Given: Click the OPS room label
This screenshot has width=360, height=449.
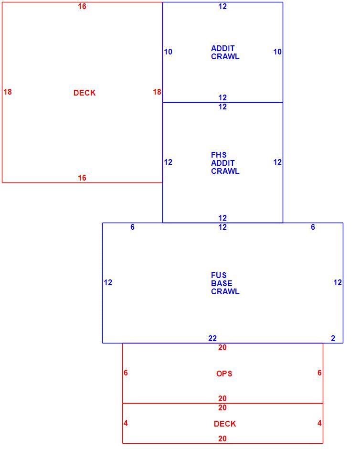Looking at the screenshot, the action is point(224,374).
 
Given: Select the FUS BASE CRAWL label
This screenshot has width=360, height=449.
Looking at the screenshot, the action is point(225,283).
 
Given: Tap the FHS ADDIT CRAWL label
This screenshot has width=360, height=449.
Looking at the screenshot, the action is point(225,163).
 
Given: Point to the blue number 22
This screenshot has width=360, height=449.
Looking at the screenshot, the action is point(212,339).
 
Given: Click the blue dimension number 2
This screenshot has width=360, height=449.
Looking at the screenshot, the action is point(333,339).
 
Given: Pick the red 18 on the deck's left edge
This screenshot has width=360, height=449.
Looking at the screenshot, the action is point(8,92).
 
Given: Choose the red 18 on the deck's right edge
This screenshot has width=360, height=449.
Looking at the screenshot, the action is point(157,92).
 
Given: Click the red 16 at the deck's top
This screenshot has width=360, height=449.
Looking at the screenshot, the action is point(82,6).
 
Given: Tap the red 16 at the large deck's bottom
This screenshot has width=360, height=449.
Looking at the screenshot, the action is point(82,178).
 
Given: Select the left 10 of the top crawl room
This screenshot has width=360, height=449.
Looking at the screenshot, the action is point(168,52).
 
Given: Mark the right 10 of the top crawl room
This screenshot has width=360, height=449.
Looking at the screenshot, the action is point(277,52).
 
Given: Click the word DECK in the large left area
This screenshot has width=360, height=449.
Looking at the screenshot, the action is point(85,93).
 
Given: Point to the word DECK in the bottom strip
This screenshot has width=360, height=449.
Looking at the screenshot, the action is point(225,424).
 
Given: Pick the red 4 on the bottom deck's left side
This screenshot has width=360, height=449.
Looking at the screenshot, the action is point(126,423).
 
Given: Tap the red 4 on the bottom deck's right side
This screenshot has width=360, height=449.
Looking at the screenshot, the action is point(319,423).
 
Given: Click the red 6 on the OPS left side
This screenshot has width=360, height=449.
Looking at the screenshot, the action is point(126,373).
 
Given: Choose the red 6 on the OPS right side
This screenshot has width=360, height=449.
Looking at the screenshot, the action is point(319,373).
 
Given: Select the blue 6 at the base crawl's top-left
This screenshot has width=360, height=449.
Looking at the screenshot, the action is point(132,227).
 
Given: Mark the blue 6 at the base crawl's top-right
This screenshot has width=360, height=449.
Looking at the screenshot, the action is point(313,227).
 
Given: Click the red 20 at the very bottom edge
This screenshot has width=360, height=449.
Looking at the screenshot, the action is point(222,438).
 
